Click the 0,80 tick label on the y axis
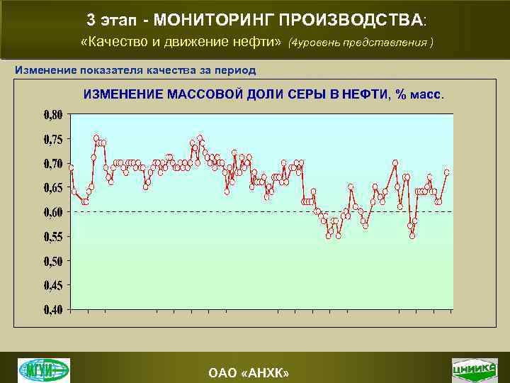(52, 114)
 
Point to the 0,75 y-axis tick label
(52, 139)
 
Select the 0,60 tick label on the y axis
(52, 212)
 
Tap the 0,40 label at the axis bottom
(52, 309)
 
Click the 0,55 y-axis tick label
(52, 236)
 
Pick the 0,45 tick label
(52, 285)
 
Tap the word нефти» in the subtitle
(257, 42)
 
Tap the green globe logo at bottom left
(44, 370)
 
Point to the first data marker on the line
(71, 167)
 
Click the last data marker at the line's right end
(447, 172)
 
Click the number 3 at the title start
(91, 18)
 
